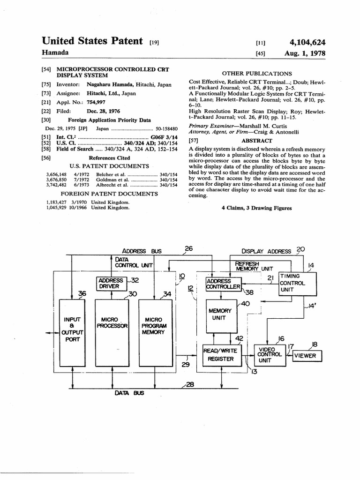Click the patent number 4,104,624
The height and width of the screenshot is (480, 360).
click(307, 43)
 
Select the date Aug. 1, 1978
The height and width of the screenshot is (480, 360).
click(305, 53)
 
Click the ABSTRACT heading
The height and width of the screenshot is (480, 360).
click(256, 141)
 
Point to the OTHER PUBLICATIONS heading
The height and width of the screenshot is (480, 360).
click(256, 74)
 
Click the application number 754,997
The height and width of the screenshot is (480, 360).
click(97, 102)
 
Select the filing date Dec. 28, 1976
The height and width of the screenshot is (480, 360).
click(103, 111)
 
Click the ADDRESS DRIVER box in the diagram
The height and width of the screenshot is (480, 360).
click(111, 283)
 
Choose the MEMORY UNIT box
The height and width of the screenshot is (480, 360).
click(220, 314)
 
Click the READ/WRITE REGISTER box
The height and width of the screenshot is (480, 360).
click(221, 355)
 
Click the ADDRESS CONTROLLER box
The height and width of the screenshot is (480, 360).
click(224, 284)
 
